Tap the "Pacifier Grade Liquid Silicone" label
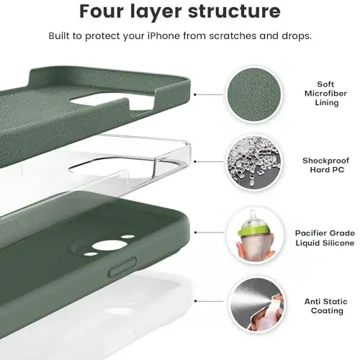[x=324, y=238]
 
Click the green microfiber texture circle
[x=253, y=94]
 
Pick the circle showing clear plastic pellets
[x=253, y=164]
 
